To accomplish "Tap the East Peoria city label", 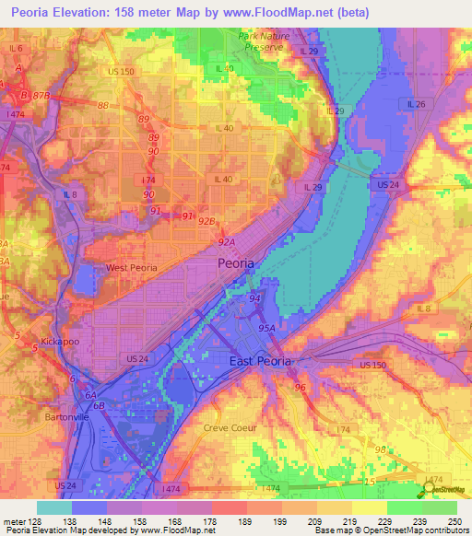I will point(260,362).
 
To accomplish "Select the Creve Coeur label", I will point(229,427).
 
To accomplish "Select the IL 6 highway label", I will point(16,48).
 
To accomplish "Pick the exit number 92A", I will point(226,241).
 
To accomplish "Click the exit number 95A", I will point(267,327).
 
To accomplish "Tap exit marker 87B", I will point(40,95).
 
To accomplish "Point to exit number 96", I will point(300,388).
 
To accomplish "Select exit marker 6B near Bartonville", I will point(100,404).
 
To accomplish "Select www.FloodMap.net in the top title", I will point(299,11).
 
